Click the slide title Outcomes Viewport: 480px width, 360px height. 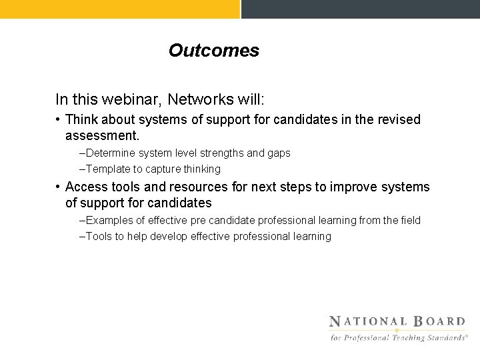(213, 51)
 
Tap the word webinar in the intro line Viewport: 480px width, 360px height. (135, 100)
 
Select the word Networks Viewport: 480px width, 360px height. (199, 100)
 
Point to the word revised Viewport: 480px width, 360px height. (399, 120)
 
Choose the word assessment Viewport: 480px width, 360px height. (101, 135)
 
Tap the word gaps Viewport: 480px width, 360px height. (279, 153)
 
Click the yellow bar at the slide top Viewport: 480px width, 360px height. (119, 9)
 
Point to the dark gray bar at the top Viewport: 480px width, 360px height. (360, 9)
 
